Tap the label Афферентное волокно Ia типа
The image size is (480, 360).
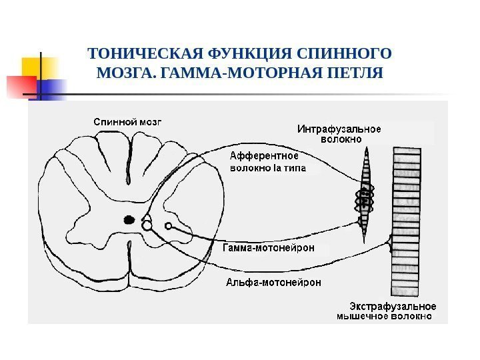click(x=267, y=162)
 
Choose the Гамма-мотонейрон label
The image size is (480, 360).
click(x=274, y=248)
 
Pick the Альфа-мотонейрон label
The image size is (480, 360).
click(x=273, y=281)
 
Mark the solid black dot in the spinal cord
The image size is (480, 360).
click(x=129, y=218)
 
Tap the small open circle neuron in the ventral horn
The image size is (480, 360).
click(x=169, y=225)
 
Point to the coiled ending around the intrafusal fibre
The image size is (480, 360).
click(x=365, y=197)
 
